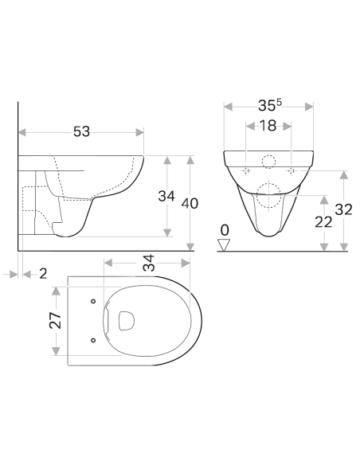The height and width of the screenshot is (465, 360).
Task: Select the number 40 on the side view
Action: click(x=190, y=203)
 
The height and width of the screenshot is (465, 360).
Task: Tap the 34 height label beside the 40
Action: click(x=166, y=196)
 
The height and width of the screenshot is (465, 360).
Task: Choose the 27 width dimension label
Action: click(x=55, y=321)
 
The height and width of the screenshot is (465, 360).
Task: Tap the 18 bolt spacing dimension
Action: click(x=269, y=126)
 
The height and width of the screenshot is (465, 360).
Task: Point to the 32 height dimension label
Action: click(x=344, y=209)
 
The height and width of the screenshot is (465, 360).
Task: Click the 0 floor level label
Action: click(x=225, y=230)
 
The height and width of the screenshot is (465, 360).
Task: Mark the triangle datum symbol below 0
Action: click(x=225, y=244)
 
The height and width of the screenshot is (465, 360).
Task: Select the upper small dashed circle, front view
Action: click(x=268, y=162)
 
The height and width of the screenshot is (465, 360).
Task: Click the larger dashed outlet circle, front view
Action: click(x=269, y=191)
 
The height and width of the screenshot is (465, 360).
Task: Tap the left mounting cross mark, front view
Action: click(x=246, y=170)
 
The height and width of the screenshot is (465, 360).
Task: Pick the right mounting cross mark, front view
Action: click(x=292, y=170)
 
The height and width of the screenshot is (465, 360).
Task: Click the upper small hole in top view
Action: click(x=94, y=302)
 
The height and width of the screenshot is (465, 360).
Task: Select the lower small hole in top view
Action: click(x=94, y=340)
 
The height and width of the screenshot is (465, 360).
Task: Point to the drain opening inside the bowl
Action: click(x=125, y=320)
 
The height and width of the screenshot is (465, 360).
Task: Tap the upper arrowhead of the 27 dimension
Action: click(x=56, y=288)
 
